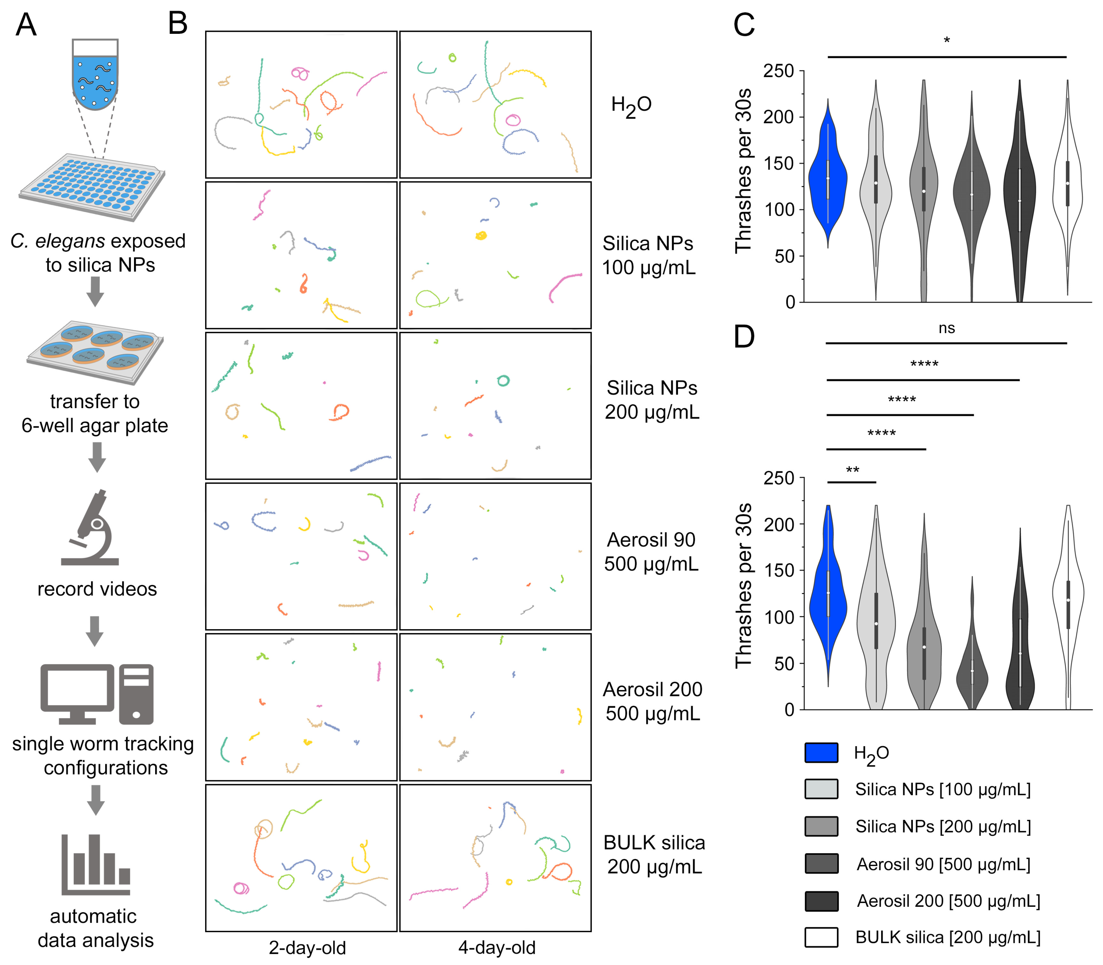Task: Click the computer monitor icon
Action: coord(77,694)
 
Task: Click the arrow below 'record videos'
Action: coord(95,630)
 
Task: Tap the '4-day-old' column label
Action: coord(496,947)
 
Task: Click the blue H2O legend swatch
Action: coord(821,752)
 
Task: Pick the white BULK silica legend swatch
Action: coord(821,937)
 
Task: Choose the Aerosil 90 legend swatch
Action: coord(821,863)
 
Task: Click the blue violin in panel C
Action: coord(828,178)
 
